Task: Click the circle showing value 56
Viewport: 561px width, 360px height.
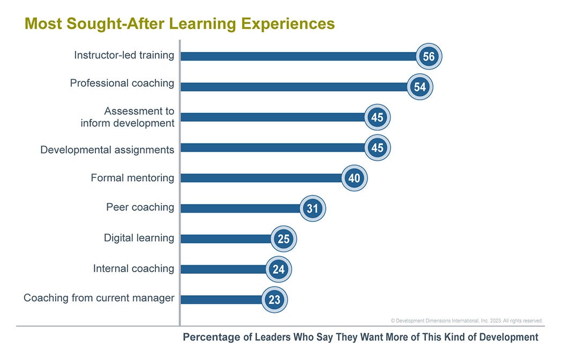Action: coord(429,57)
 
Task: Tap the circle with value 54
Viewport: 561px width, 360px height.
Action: coord(420,87)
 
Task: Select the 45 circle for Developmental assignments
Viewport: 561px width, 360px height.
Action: coord(377,147)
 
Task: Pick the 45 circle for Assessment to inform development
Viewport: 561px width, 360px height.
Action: coord(377,117)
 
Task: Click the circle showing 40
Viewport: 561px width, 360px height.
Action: coord(354,178)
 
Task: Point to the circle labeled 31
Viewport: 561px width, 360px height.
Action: coord(312,208)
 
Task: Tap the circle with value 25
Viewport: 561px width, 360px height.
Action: coord(283,239)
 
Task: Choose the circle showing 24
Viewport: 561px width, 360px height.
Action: coord(279,269)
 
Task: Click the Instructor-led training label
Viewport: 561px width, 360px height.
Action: coord(124,55)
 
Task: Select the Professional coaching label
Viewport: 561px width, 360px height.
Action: coord(122,83)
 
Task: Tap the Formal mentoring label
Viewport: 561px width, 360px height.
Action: coord(132,178)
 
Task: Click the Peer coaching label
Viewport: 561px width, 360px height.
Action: coord(140,207)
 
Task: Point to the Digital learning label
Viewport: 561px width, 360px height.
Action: coord(139,238)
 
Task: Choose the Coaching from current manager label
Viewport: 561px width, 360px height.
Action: coord(99,298)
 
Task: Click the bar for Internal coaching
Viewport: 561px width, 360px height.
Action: coord(223,269)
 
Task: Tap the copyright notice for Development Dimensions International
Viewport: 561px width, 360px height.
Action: coord(467,320)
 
